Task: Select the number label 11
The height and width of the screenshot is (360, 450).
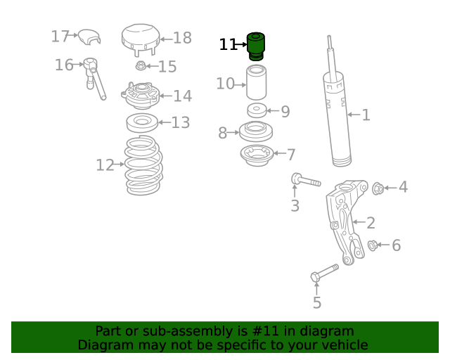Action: pyautogui.click(x=227, y=45)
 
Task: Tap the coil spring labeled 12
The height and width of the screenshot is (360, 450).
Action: pyautogui.click(x=143, y=166)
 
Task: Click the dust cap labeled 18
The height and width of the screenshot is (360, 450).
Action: pyautogui.click(x=139, y=39)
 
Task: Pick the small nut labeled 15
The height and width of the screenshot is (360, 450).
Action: pyautogui.click(x=141, y=67)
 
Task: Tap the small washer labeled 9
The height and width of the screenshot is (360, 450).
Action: pyautogui.click(x=257, y=110)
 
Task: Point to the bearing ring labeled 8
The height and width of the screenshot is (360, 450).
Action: pyautogui.click(x=256, y=131)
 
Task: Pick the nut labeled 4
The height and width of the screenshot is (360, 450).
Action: pyautogui.click(x=378, y=188)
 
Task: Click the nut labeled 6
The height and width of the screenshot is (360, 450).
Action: pyautogui.click(x=373, y=245)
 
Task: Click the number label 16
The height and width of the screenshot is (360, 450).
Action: pyautogui.click(x=64, y=65)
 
